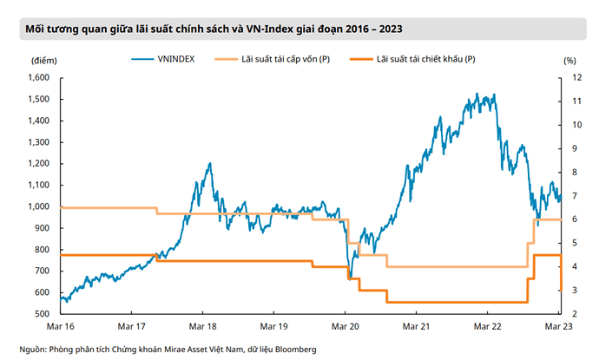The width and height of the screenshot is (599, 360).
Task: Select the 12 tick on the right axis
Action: [569, 78]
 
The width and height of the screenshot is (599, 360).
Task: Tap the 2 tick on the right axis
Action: [569, 314]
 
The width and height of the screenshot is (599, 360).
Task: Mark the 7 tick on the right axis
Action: [569, 196]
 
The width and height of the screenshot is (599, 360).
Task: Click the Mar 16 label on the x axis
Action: [59, 327]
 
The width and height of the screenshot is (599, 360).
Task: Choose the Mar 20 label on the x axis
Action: [346, 327]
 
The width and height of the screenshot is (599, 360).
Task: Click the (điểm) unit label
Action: [43, 61]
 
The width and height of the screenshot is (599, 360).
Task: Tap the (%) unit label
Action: [569, 61]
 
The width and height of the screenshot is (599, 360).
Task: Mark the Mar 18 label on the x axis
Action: [202, 327]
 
